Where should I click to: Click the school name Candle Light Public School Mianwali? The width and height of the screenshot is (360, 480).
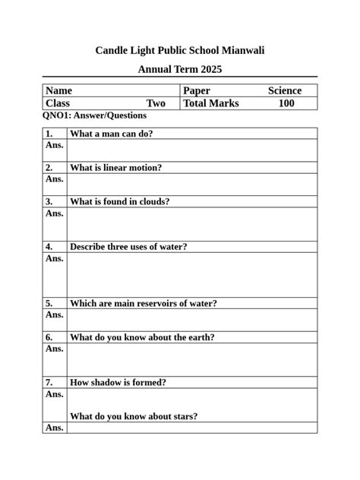tap(180, 50)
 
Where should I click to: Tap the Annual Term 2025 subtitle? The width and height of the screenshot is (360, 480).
tap(180, 69)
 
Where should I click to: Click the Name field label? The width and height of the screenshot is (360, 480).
tap(59, 90)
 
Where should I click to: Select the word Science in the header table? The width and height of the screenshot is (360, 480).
tap(284, 90)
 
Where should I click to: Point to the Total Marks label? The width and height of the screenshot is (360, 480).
tap(211, 103)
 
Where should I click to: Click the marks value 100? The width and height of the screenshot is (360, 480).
tap(286, 103)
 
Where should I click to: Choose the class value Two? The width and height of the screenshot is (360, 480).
tap(156, 103)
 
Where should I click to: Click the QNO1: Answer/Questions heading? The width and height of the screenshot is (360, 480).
tap(95, 115)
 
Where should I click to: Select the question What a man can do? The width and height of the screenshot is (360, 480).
tap(111, 134)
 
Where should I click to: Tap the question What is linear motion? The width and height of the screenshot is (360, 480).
tap(115, 168)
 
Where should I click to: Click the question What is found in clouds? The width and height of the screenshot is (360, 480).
tap(119, 201)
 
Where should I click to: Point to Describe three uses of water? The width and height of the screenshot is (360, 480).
tap(128, 247)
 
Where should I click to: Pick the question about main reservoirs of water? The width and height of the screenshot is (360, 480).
tap(143, 303)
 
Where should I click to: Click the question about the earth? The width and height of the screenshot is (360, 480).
tap(142, 337)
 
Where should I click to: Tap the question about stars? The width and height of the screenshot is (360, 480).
tap(134, 416)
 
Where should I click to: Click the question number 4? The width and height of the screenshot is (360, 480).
tap(49, 247)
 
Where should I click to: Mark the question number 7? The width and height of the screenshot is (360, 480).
tap(49, 382)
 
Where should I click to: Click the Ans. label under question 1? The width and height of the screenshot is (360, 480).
tap(54, 144)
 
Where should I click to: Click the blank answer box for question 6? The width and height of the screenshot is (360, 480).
tap(191, 360)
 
